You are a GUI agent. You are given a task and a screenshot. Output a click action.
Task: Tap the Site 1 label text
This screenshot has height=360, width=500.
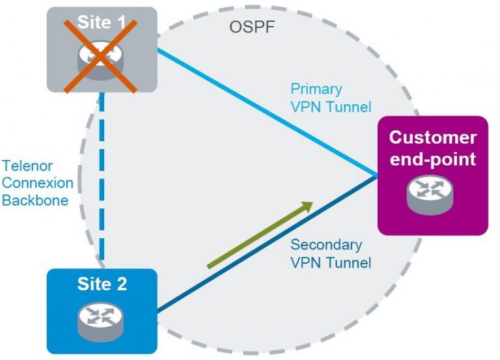(102, 22)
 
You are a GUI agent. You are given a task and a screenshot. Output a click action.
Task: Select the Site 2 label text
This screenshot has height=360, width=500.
(102, 284)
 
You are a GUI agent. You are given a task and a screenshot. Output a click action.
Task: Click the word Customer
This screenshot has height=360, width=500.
(432, 138)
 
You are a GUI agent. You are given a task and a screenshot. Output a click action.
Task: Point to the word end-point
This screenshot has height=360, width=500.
(432, 158)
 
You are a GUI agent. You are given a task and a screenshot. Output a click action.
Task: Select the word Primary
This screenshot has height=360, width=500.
(316, 89)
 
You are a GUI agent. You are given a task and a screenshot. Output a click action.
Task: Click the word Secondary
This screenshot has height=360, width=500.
(326, 245)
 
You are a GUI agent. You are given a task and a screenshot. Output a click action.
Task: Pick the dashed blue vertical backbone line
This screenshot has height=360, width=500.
(103, 182)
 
